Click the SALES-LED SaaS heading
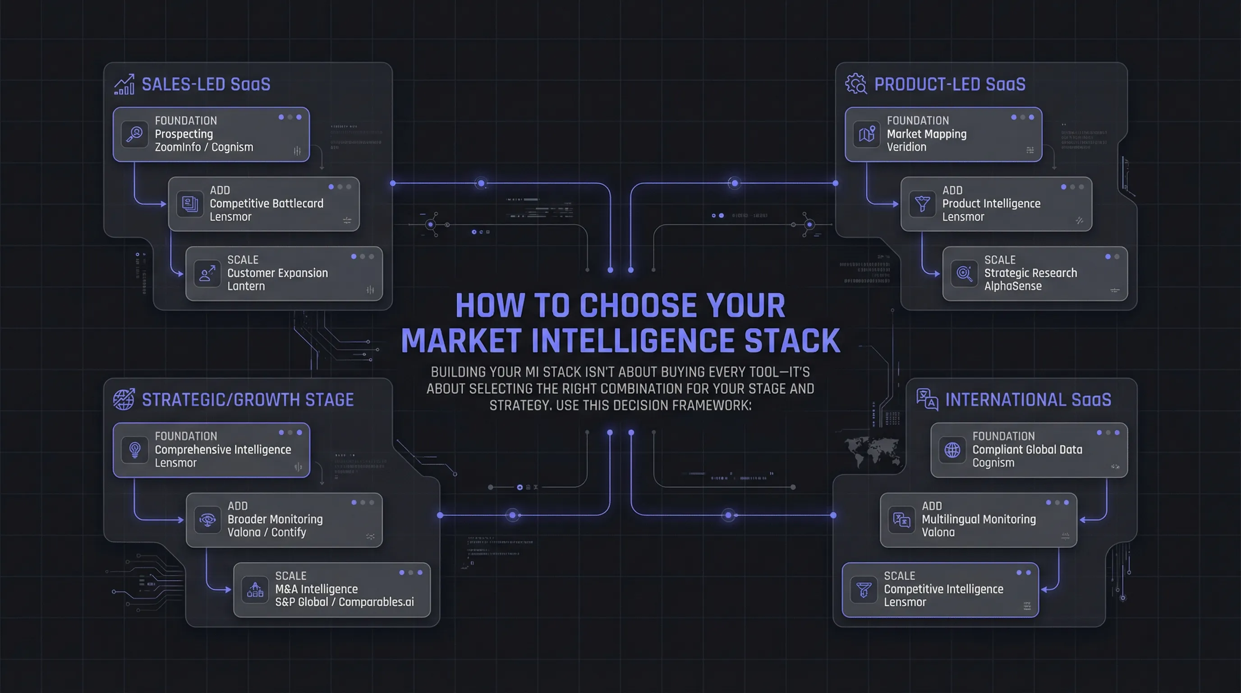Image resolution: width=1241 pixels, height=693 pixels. coord(206,84)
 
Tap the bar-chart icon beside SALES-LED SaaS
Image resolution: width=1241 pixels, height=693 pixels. coord(124,85)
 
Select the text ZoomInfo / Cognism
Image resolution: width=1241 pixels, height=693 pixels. coord(204,147)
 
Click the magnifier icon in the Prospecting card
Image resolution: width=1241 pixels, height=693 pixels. coord(134,134)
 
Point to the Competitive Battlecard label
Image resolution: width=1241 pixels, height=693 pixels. coord(267,203)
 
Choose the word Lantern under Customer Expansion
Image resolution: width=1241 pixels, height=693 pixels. coord(246,286)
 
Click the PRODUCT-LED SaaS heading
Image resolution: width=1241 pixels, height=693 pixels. coord(950,84)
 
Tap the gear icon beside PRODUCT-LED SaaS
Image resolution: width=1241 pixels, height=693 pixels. coord(855,84)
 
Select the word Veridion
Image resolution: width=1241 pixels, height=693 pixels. coord(906,147)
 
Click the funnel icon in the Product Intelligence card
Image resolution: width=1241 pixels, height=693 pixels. coord(922,204)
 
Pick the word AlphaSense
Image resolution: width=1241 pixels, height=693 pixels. coord(1013,286)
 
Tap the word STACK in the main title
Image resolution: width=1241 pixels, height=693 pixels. coord(792,341)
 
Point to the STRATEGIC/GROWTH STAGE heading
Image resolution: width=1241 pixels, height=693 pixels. coord(248,400)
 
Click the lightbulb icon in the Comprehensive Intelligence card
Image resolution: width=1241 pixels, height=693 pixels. coord(135,450)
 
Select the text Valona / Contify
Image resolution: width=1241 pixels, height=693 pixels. coord(267,532)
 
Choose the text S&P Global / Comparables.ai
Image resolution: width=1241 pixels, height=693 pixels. coord(344,602)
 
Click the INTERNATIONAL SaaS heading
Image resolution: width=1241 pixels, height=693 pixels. coord(1028,400)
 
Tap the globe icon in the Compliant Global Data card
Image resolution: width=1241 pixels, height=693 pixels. coord(952,450)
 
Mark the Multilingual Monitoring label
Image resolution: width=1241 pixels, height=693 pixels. coord(979,519)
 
